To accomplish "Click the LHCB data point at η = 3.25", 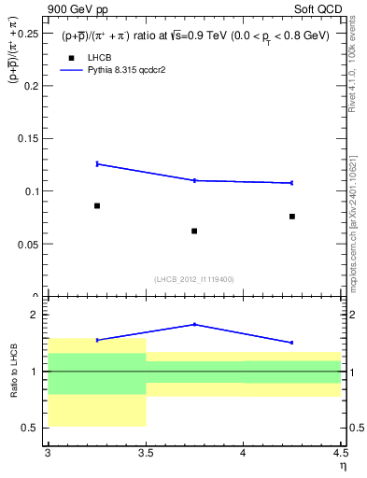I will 97,205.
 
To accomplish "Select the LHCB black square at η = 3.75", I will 194,231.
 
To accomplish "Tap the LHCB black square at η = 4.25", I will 292,217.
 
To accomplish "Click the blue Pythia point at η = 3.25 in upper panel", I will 97,163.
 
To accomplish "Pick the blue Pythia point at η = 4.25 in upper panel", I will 292,183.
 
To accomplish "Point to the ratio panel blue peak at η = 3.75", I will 194,324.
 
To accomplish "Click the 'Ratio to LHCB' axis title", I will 14,372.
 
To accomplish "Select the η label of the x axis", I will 342,465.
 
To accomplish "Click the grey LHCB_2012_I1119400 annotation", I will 193,279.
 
